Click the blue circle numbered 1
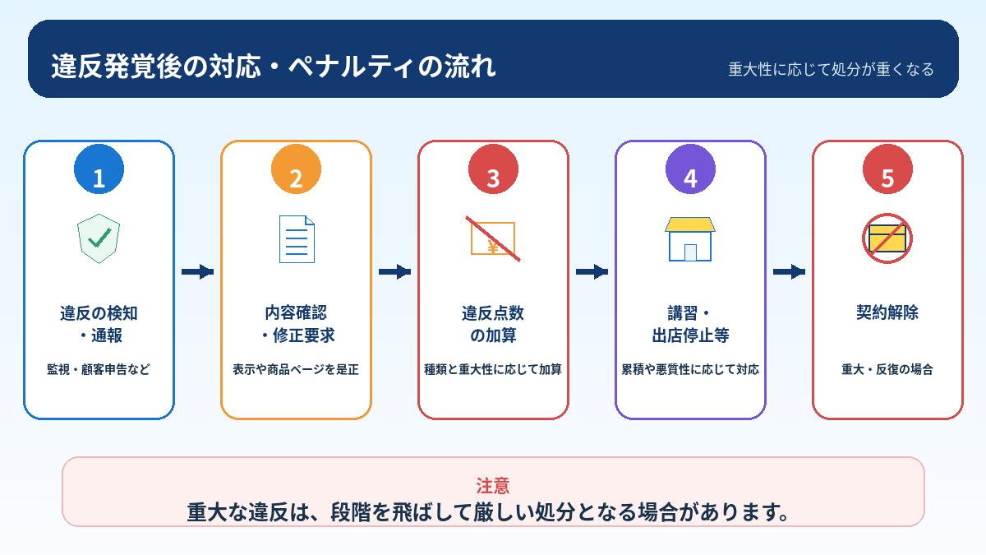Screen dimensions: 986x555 pyautogui.click(x=99, y=169)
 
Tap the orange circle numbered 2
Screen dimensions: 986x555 pyautogui.click(x=297, y=169)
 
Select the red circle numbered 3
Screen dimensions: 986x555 pyautogui.click(x=494, y=169)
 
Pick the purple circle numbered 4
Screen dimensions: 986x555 pyautogui.click(x=691, y=169)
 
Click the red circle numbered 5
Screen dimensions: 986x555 pyautogui.click(x=888, y=169)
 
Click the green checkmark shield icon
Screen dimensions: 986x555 pyautogui.click(x=99, y=238)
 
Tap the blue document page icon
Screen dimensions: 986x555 pyautogui.click(x=297, y=239)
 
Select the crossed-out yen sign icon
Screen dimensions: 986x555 pyautogui.click(x=493, y=238)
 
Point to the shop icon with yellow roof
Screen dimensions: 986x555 pyautogui.click(x=690, y=239)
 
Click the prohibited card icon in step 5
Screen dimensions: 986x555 pyautogui.click(x=887, y=238)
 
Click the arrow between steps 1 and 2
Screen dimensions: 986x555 pyautogui.click(x=198, y=272)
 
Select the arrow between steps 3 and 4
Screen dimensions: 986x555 pyautogui.click(x=592, y=272)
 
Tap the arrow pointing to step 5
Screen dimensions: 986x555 pyautogui.click(x=790, y=272)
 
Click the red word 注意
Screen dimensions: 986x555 pyautogui.click(x=493, y=486)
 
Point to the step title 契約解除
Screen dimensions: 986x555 pyautogui.click(x=887, y=312)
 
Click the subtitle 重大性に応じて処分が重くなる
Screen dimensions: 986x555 pyautogui.click(x=831, y=69)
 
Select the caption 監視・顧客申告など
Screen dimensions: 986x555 pyautogui.click(x=99, y=369)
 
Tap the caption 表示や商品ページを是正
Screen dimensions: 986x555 pyautogui.click(x=296, y=369)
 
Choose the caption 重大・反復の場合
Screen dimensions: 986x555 pyautogui.click(x=887, y=369)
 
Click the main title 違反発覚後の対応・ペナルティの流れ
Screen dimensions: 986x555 pyautogui.click(x=274, y=67)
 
